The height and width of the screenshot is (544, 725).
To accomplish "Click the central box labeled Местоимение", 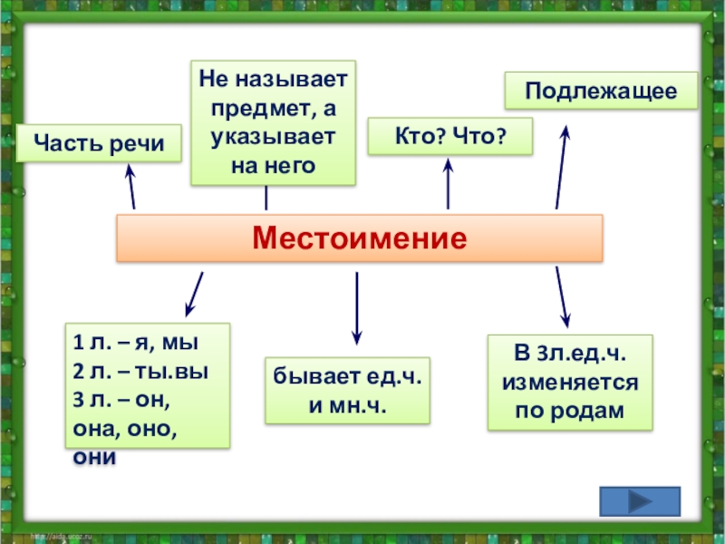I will click(x=360, y=239).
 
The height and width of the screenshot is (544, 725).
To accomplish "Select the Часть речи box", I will click(x=99, y=143).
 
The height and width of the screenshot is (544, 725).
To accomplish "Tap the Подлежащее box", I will click(x=601, y=91).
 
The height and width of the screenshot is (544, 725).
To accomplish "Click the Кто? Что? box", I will click(x=449, y=136).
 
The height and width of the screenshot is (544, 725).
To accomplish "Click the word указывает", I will click(x=274, y=137).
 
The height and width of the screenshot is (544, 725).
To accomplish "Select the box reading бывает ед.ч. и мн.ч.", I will click(x=347, y=391).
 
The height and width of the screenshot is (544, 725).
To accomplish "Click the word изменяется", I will click(x=569, y=383).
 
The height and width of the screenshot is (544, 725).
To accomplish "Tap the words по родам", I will click(x=569, y=410).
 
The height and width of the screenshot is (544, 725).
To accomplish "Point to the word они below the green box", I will click(x=94, y=457).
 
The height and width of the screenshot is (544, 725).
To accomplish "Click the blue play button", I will click(x=640, y=501).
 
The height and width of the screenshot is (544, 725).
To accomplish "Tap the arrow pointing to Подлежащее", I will click(x=562, y=168).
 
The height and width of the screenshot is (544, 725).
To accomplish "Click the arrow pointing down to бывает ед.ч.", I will click(x=357, y=308).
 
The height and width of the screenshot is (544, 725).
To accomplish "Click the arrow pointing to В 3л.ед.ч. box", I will click(x=563, y=297).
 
